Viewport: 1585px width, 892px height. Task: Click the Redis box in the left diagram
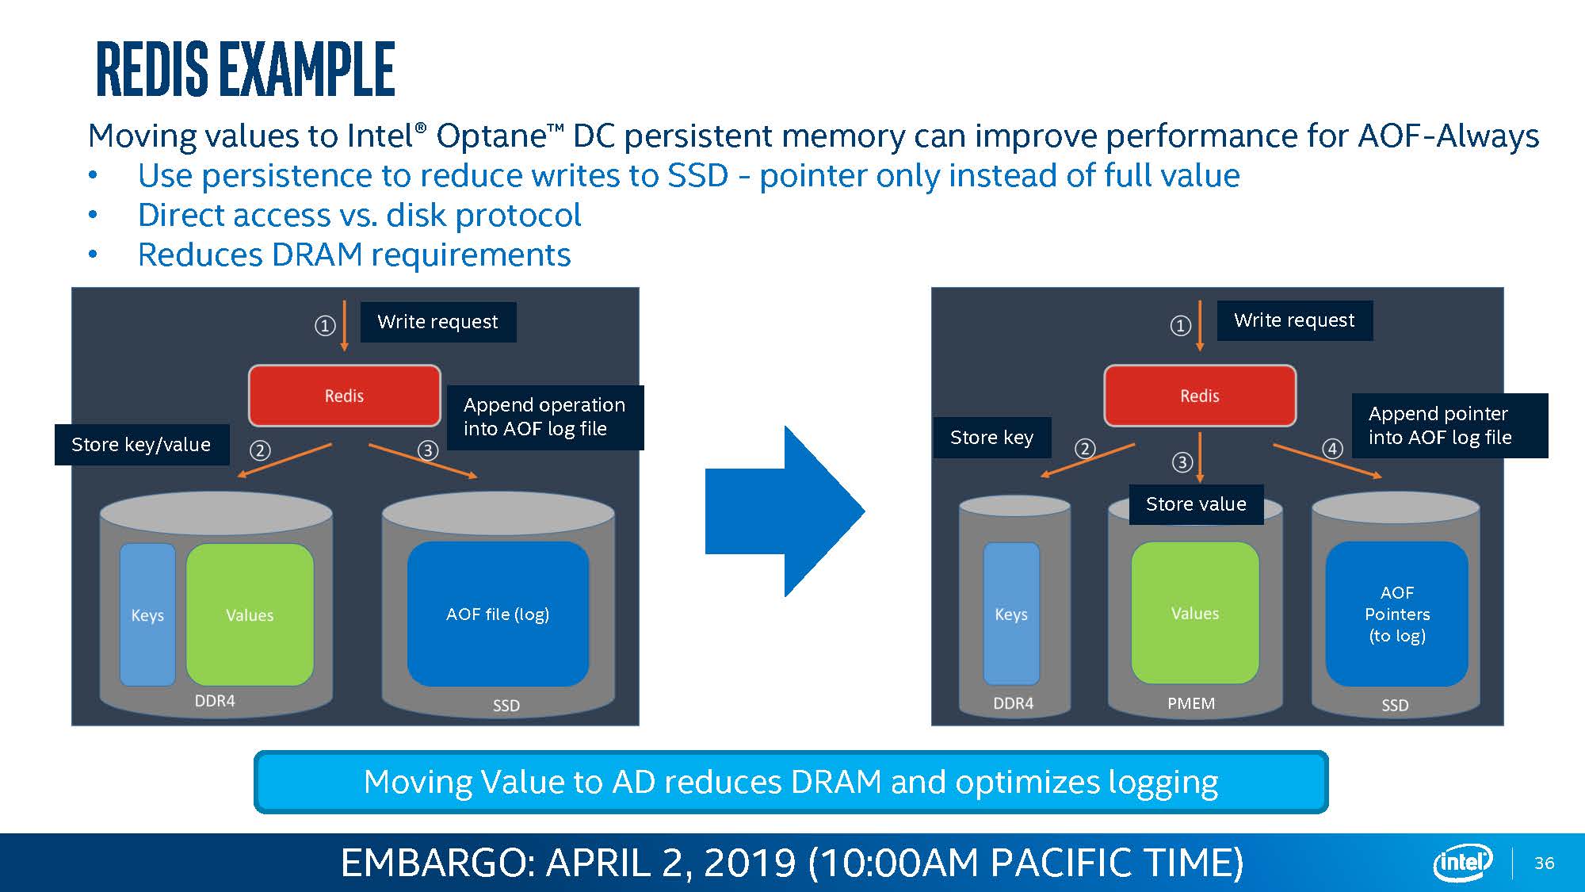345,396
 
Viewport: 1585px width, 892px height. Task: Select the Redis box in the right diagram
1200,396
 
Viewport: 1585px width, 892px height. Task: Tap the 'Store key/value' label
142,445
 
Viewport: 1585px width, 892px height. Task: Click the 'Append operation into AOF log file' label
545,417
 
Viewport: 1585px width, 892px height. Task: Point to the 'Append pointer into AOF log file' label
1449,426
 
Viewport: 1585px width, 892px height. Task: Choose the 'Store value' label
1196,504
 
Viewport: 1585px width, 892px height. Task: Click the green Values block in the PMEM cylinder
1195,613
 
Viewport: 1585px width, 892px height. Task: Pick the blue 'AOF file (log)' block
498,614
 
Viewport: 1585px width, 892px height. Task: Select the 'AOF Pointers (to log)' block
1397,614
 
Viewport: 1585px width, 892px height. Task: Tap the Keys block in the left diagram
147,614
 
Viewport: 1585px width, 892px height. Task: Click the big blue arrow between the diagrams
785,511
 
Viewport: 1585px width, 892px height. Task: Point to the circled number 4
1332,450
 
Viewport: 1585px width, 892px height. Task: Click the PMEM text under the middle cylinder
1191,703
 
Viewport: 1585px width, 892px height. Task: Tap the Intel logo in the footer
1463,863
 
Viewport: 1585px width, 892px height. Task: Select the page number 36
1545,863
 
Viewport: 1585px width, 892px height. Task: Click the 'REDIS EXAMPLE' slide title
246,70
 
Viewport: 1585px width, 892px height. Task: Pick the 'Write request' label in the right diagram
1294,320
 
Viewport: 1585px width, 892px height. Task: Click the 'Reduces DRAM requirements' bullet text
354,255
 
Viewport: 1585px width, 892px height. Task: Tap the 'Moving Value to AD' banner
791,782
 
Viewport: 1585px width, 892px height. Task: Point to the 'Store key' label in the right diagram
992,438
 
